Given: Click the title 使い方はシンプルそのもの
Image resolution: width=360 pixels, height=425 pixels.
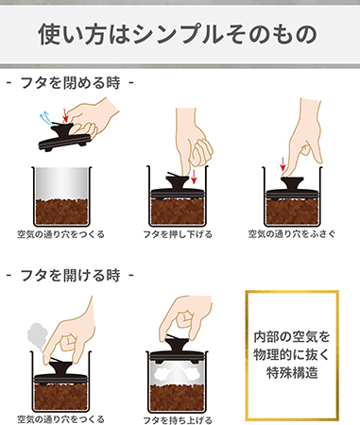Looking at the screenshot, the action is pos(178,33).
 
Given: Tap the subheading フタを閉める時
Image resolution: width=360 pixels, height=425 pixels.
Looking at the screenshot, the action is pos(70,83).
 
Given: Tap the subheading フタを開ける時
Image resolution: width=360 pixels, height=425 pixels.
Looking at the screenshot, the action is pos(70,275).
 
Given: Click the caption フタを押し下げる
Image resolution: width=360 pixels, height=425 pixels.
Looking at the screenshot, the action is pos(178,234).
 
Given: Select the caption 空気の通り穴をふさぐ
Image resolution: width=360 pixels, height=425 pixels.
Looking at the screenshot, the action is pos(292,234).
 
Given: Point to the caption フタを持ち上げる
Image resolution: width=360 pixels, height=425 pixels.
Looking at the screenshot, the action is pos(178,420).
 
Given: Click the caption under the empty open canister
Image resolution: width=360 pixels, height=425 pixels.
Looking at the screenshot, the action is pos(60,234).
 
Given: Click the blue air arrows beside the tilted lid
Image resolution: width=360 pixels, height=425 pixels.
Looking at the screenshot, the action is pos(44,118).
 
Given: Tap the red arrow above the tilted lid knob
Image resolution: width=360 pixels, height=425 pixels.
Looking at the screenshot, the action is pos(65,114).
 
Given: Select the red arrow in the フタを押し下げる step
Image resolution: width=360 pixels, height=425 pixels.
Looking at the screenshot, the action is pos(194,177).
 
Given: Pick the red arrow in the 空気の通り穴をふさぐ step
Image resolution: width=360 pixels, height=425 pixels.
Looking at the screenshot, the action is pos(283,164).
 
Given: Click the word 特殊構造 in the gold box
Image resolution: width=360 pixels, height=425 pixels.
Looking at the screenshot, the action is pos(292,373).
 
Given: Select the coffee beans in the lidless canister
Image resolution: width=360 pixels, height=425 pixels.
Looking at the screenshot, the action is pos(61,212).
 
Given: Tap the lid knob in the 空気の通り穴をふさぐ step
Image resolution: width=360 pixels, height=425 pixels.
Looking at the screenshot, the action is pos(292,183).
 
